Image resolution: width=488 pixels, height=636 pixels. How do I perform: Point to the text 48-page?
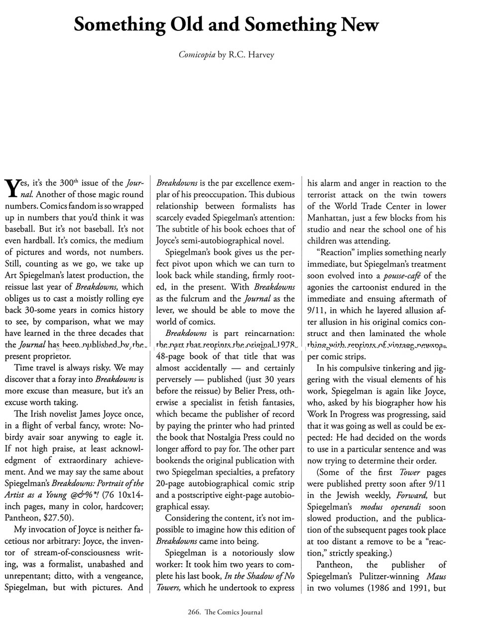(x=172, y=356)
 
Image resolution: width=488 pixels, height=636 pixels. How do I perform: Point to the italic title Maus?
(x=436, y=576)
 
